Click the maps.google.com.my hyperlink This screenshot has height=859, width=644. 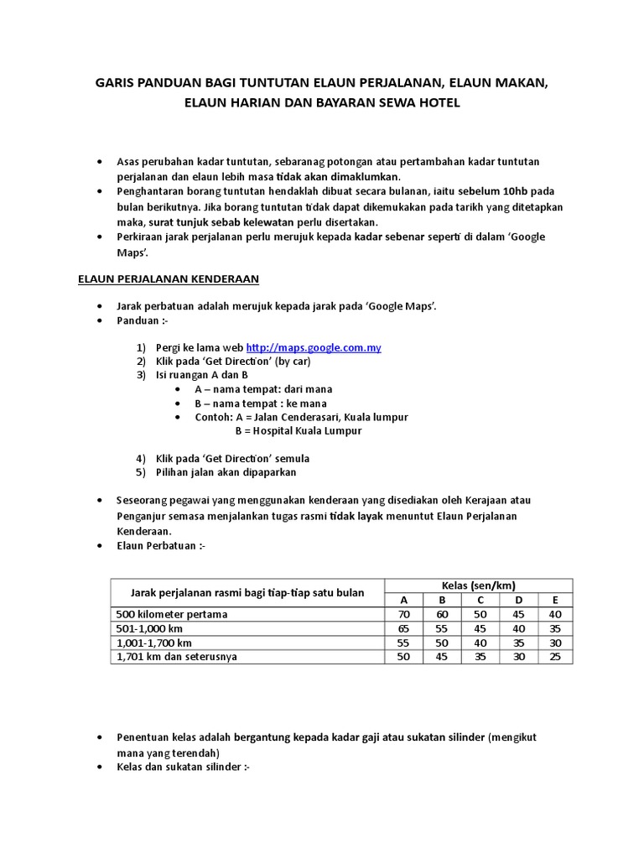click(x=314, y=347)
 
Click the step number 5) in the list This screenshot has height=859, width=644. click(x=141, y=472)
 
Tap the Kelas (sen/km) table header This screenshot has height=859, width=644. click(x=478, y=585)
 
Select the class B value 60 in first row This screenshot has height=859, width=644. click(x=443, y=614)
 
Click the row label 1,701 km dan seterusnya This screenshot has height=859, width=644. click(x=176, y=657)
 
